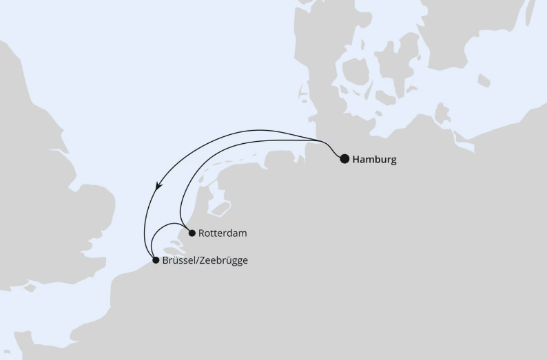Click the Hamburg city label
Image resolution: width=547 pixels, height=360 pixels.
click(374, 160)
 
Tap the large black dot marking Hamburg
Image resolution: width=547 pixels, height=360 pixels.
click(344, 158)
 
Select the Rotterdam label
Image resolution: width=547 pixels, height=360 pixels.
click(222, 233)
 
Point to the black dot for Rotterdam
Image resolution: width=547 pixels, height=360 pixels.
click(192, 233)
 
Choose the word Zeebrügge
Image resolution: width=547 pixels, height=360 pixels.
click(223, 261)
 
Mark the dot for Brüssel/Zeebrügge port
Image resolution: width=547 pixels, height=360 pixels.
click(156, 260)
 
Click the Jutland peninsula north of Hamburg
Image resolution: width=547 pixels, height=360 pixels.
click(317, 55)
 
